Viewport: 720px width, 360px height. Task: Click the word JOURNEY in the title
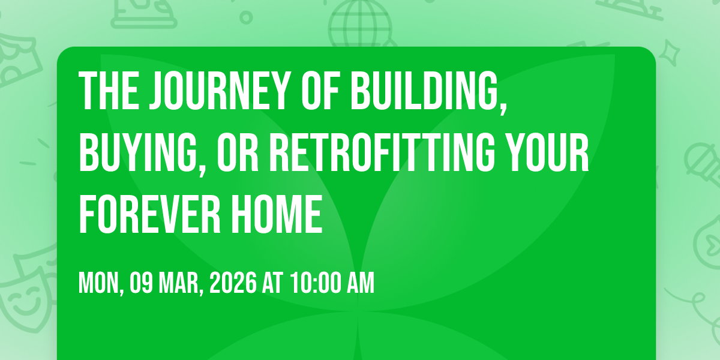[x=218, y=91]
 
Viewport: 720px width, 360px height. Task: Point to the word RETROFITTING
[x=383, y=152]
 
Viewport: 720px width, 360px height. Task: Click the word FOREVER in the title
[x=150, y=214]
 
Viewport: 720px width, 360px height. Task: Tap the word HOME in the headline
[x=277, y=214]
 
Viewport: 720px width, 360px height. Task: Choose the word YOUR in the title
[x=548, y=152]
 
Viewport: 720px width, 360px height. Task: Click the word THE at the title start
[x=109, y=91]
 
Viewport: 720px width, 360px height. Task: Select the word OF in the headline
[x=320, y=91]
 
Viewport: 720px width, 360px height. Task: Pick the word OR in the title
[x=238, y=152]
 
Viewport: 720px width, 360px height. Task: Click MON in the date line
[x=101, y=283]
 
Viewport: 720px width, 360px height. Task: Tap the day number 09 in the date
[x=141, y=283]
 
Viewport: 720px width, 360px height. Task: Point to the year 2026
[x=233, y=283]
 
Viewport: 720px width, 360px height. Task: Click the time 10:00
[x=316, y=283]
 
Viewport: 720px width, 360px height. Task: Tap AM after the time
[x=361, y=283]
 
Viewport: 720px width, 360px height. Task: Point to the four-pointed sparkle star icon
[x=669, y=53]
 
